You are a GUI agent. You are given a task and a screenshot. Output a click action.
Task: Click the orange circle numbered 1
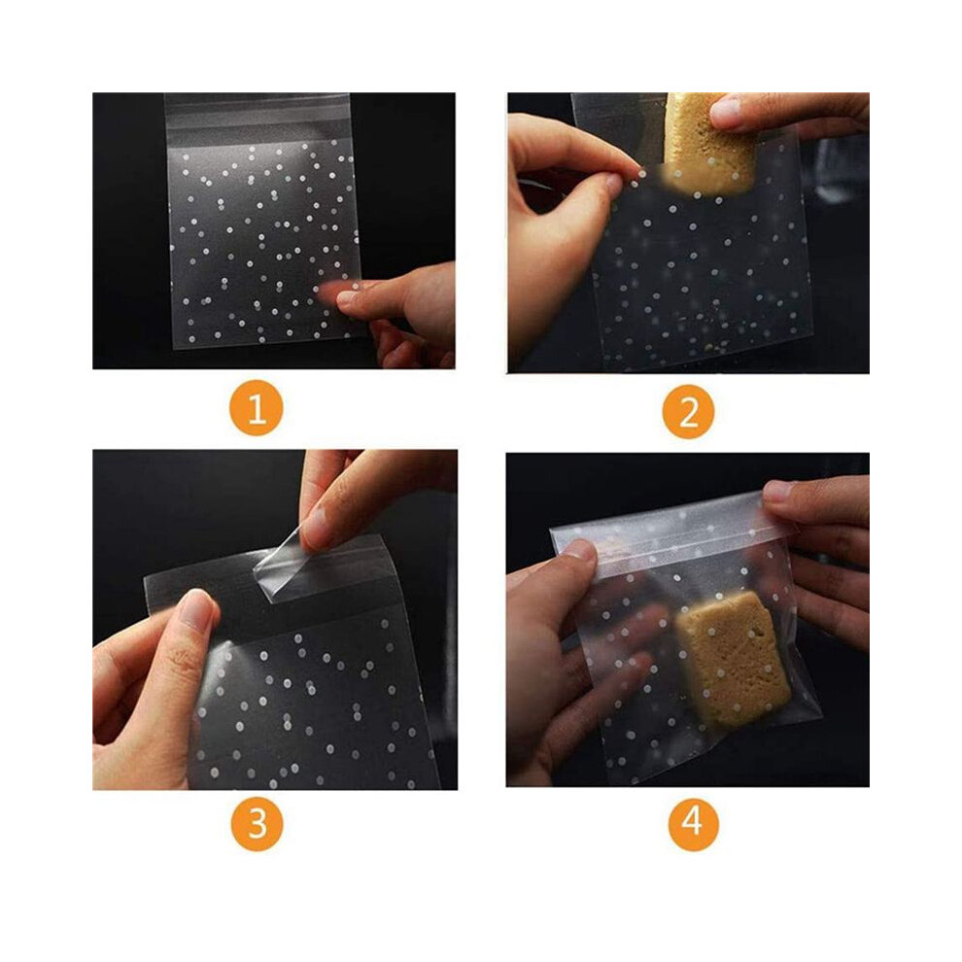coord(256,408)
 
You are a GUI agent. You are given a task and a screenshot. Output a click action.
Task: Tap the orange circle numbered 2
coord(688,411)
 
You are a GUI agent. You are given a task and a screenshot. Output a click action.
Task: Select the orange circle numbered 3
coord(258,823)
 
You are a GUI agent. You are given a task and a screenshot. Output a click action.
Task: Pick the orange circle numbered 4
coord(693,823)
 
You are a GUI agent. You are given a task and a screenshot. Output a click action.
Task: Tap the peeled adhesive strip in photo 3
coord(281,567)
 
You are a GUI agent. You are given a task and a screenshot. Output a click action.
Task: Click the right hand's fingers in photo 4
coord(819,552)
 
